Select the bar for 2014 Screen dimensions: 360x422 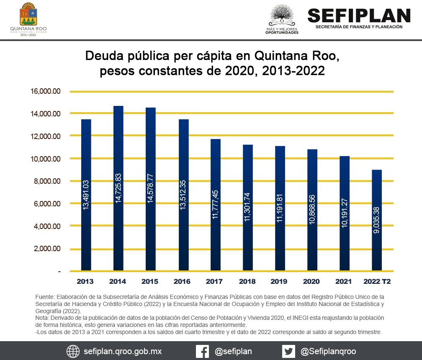coord(118,188)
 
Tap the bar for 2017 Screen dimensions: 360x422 coord(216,205)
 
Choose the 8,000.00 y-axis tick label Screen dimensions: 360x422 coord(46,181)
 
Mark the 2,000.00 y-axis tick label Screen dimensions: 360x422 coord(46,249)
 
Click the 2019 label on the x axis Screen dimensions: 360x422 coord(280,281)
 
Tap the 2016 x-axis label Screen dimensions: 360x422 coord(183,281)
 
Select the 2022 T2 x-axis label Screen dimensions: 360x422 coord(377,281)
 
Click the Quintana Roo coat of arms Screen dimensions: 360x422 coord(28,15)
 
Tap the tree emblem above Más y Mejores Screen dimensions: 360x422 coord(282,15)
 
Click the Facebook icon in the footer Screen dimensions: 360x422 coord(203,351)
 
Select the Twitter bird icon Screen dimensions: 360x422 coord(288,351)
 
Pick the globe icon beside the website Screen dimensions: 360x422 coord(73,351)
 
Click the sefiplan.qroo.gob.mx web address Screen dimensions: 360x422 coord(123,351)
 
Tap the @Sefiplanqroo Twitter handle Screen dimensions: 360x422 coord(328,351)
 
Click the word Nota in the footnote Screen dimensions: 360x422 coord(42,318)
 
